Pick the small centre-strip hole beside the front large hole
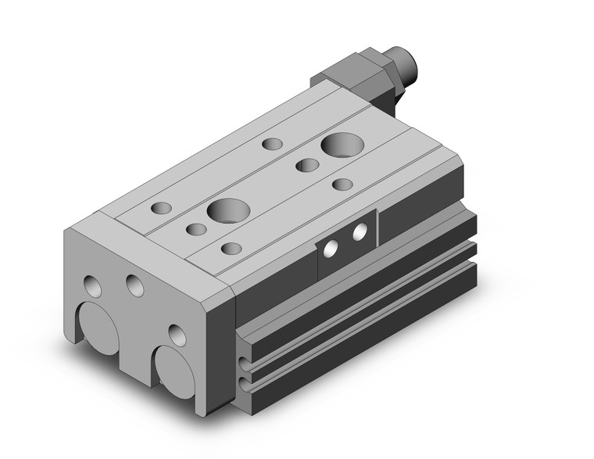pyautogui.click(x=196, y=229)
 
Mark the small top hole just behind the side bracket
pyautogui.click(x=342, y=185)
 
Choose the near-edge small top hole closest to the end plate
pyautogui.click(x=231, y=249)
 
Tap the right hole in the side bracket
pyautogui.click(x=360, y=232)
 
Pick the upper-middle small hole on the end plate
pyautogui.click(x=134, y=285)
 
